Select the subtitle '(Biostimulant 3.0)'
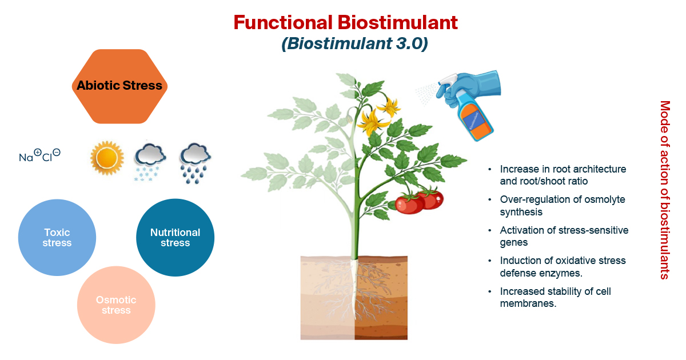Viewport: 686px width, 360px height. [x=354, y=45]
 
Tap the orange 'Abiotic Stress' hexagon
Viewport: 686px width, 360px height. [x=120, y=86]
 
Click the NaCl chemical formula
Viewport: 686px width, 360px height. [x=40, y=156]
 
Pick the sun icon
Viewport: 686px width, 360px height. [x=107, y=158]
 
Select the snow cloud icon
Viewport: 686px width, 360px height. [x=149, y=162]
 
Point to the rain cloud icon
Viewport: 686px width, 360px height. [x=195, y=163]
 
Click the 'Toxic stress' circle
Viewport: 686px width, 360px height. [x=57, y=238]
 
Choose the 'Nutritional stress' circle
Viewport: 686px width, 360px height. [x=175, y=238]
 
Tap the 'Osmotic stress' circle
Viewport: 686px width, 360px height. [x=116, y=305]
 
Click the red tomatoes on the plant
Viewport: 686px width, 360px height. [x=420, y=201]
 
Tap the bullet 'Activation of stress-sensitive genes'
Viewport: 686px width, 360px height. [x=564, y=236]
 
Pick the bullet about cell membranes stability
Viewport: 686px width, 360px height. [x=555, y=297]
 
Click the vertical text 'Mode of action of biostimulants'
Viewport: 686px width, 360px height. [x=664, y=190]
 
